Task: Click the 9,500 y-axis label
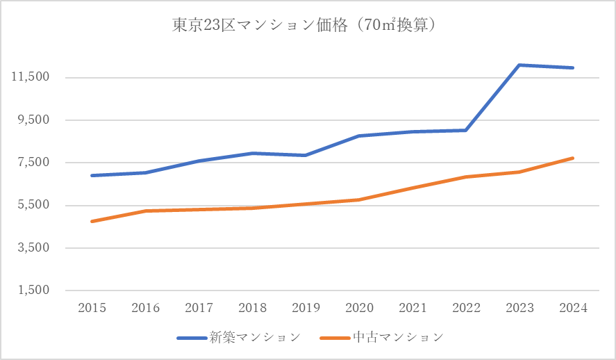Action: coord(31,120)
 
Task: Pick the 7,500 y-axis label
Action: coord(31,163)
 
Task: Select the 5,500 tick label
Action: coord(31,205)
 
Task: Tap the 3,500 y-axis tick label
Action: coord(31,248)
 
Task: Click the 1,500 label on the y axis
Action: coord(31,291)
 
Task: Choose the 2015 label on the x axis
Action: coord(92,308)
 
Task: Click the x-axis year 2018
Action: coord(252,308)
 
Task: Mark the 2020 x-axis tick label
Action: coord(359,308)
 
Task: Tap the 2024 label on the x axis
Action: coord(572,308)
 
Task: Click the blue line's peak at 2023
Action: coord(519,65)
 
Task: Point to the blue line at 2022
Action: coord(465,130)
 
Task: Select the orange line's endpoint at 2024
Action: coord(572,158)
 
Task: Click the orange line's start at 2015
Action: coord(92,221)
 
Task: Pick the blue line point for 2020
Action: coord(359,136)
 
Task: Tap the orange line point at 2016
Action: coord(145,211)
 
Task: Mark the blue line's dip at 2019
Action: coord(306,155)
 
